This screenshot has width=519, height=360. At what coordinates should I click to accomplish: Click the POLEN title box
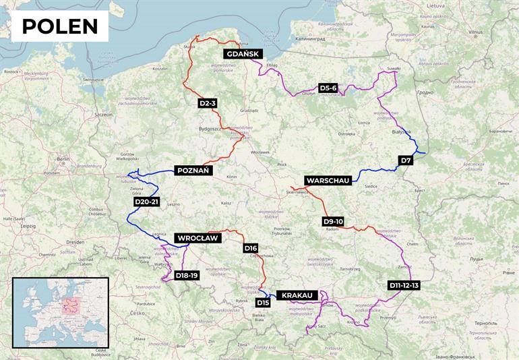[60, 26]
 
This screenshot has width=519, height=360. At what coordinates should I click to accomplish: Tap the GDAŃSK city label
[243, 54]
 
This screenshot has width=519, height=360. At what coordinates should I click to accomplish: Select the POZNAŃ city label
[194, 171]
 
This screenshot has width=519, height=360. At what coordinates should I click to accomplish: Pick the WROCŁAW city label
[197, 238]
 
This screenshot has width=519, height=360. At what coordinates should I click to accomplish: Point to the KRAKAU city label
[297, 295]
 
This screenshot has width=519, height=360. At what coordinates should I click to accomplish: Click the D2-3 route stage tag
[208, 103]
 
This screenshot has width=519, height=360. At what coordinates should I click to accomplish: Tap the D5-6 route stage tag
[328, 88]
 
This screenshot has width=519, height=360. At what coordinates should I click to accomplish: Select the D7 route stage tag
[406, 160]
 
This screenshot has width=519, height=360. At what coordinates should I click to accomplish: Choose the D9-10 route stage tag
[333, 221]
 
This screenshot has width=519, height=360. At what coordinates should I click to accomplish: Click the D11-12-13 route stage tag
[404, 285]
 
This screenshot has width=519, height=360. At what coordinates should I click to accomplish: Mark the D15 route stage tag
[263, 303]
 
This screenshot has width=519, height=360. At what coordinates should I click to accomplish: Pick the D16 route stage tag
[251, 248]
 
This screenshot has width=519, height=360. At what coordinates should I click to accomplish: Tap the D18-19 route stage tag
[186, 275]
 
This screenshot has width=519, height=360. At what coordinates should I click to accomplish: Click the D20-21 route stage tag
[146, 202]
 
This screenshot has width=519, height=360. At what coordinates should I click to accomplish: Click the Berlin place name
[64, 160]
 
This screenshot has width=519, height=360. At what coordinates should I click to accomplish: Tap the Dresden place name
[75, 241]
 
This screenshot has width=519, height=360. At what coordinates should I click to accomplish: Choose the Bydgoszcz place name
[210, 128]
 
